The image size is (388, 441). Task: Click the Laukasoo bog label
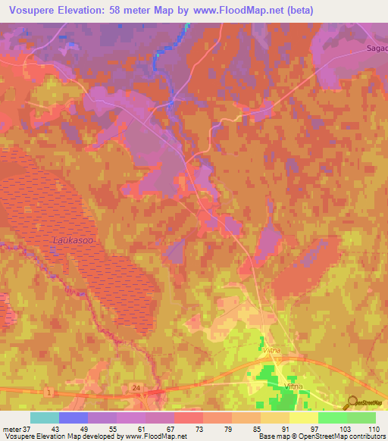[x=74, y=239]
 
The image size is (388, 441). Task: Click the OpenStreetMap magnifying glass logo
[x=351, y=403]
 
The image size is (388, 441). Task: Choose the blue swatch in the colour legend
[x=73, y=418]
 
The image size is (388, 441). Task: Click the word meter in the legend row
[x=11, y=429]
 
